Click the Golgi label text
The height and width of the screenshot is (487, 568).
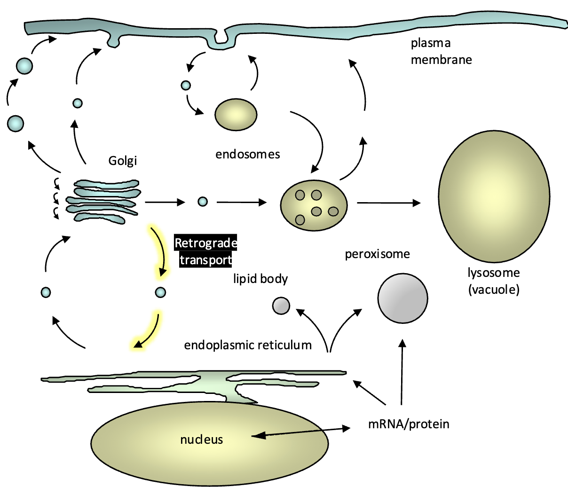122,161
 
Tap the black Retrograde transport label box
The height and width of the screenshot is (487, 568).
205,251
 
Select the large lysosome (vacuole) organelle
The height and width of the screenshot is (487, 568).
494,196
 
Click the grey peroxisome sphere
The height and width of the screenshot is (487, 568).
402,298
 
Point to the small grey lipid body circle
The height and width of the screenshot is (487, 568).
281,306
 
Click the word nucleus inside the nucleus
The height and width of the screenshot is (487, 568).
202,440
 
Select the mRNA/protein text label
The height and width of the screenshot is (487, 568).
408,424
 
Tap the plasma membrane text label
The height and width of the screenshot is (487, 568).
441,51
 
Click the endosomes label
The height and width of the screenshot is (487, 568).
247,154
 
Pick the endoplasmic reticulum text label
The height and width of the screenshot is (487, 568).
248,345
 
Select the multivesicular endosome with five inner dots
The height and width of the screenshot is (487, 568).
314,205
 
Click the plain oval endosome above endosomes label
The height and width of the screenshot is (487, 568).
236,114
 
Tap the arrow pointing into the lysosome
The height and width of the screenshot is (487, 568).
388,203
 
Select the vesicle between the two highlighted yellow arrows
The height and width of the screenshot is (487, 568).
160,292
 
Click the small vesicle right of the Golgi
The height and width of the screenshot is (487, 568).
202,202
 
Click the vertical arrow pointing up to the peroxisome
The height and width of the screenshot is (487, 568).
402,371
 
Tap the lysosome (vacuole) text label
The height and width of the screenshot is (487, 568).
494,281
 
